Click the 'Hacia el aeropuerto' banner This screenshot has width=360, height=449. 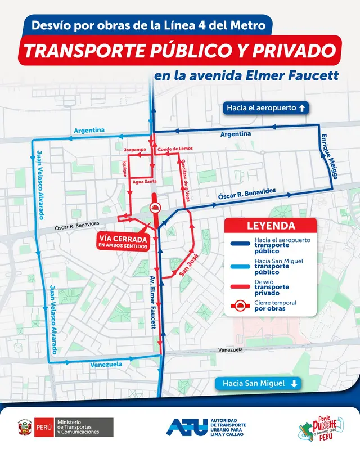[x=265, y=107]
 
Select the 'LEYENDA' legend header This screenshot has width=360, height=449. [x=272, y=226]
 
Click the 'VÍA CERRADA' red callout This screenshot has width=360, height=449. [x=123, y=241]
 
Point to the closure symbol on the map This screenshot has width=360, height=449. [x=154, y=208]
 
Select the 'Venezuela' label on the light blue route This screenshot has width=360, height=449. [x=106, y=365]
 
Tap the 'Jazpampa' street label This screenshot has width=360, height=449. [x=135, y=150]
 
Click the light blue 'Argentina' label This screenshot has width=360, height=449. [x=89, y=130]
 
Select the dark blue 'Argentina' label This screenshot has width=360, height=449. [x=236, y=134]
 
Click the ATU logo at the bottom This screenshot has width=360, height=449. [x=207, y=426]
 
